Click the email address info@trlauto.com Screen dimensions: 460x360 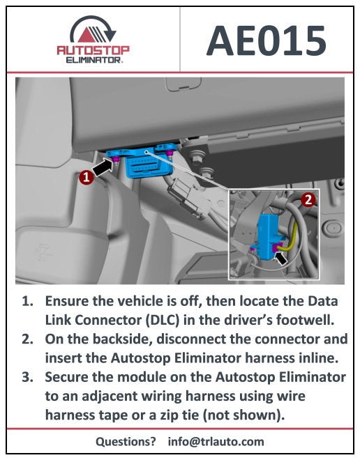pos(216,441)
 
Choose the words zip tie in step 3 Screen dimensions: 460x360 pos(230,416)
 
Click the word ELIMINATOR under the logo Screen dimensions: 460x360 pos(93,61)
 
